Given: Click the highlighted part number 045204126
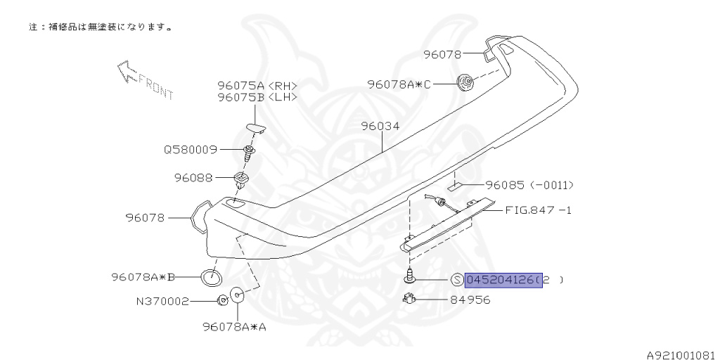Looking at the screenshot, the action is tap(503, 280).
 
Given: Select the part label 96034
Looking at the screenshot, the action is tap(380, 127).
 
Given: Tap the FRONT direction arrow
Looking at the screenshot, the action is tap(127, 72).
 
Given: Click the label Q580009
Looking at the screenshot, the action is tap(191, 150).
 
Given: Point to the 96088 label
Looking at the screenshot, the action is tap(193, 177).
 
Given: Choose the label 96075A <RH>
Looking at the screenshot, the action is tap(257, 86).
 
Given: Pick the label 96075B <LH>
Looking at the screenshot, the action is tap(257, 97).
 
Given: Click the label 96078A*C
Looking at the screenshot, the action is tap(399, 84).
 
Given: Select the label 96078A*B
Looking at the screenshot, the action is tap(143, 277).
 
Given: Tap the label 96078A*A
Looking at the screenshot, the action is tap(235, 327).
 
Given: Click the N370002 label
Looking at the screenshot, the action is tap(162, 302).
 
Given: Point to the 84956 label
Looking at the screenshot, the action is tap(470, 300).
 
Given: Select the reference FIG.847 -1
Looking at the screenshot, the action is tap(539, 210).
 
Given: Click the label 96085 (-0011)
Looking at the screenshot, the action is tap(529, 186).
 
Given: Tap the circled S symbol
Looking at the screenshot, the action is tap(456, 280).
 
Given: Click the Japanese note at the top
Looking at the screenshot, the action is tap(101, 27).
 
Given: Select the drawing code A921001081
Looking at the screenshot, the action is tap(683, 355).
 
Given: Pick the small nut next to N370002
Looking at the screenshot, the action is tap(221, 301).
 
